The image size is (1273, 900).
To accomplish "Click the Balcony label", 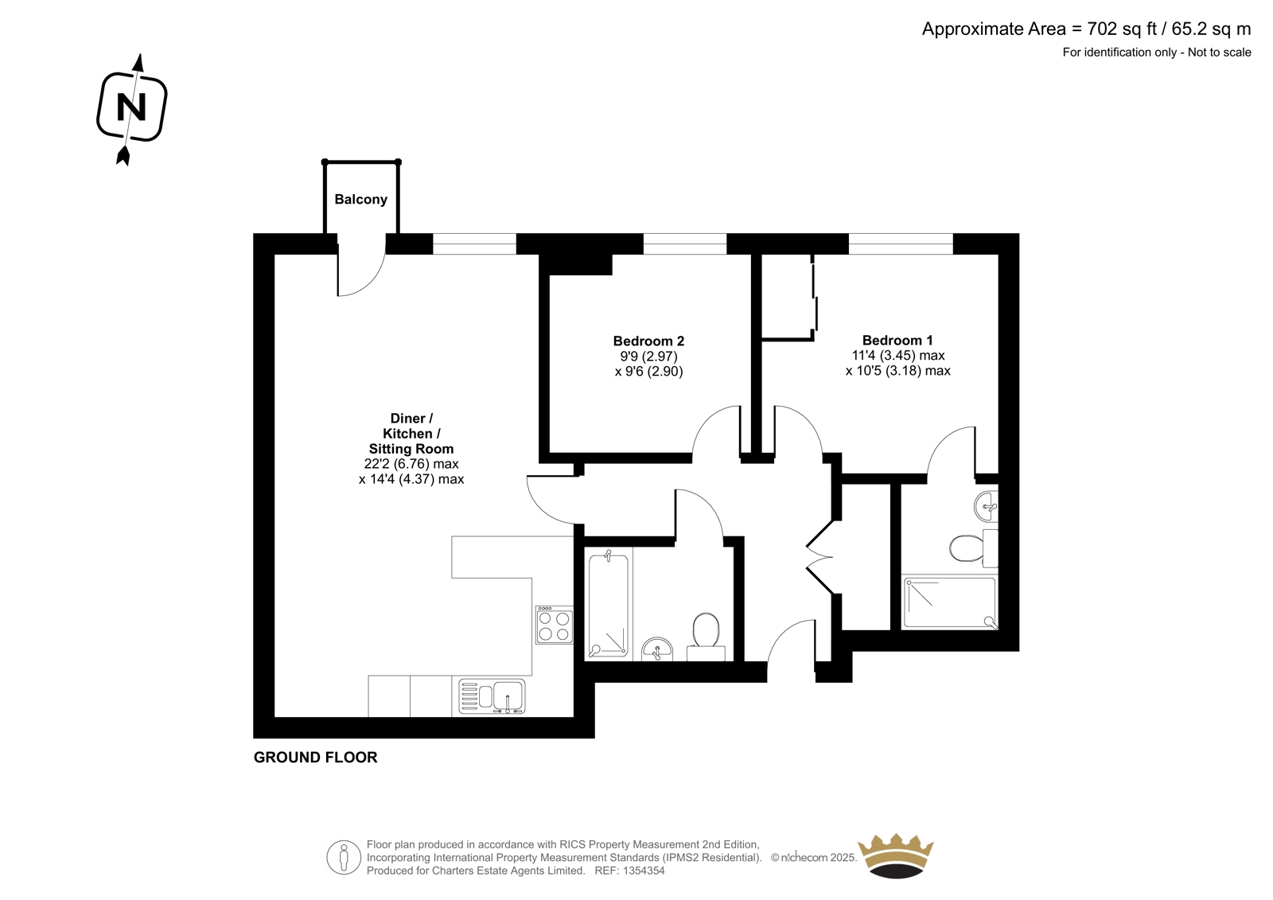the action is point(361,199).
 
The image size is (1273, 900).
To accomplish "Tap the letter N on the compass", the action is point(131,107).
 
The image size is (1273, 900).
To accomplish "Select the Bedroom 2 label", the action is point(648,341).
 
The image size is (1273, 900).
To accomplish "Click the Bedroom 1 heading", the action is point(897,340).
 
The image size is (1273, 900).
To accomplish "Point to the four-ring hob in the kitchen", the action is point(554,625).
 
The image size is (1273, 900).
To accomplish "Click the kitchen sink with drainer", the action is point(492,696).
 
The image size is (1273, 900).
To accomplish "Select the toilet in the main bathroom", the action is point(706,636).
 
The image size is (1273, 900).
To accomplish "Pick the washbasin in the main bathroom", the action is point(657,649).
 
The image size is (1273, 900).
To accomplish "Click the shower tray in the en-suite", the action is point(950,603).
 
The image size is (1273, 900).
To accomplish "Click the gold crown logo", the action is point(896,855).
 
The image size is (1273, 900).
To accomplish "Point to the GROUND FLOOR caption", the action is point(315,758).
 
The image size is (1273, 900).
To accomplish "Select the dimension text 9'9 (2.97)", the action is point(648,356).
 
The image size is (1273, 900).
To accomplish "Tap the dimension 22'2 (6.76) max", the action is point(411,463).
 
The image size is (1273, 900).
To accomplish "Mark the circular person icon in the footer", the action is point(344,857).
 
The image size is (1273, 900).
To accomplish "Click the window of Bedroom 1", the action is point(901,244).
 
